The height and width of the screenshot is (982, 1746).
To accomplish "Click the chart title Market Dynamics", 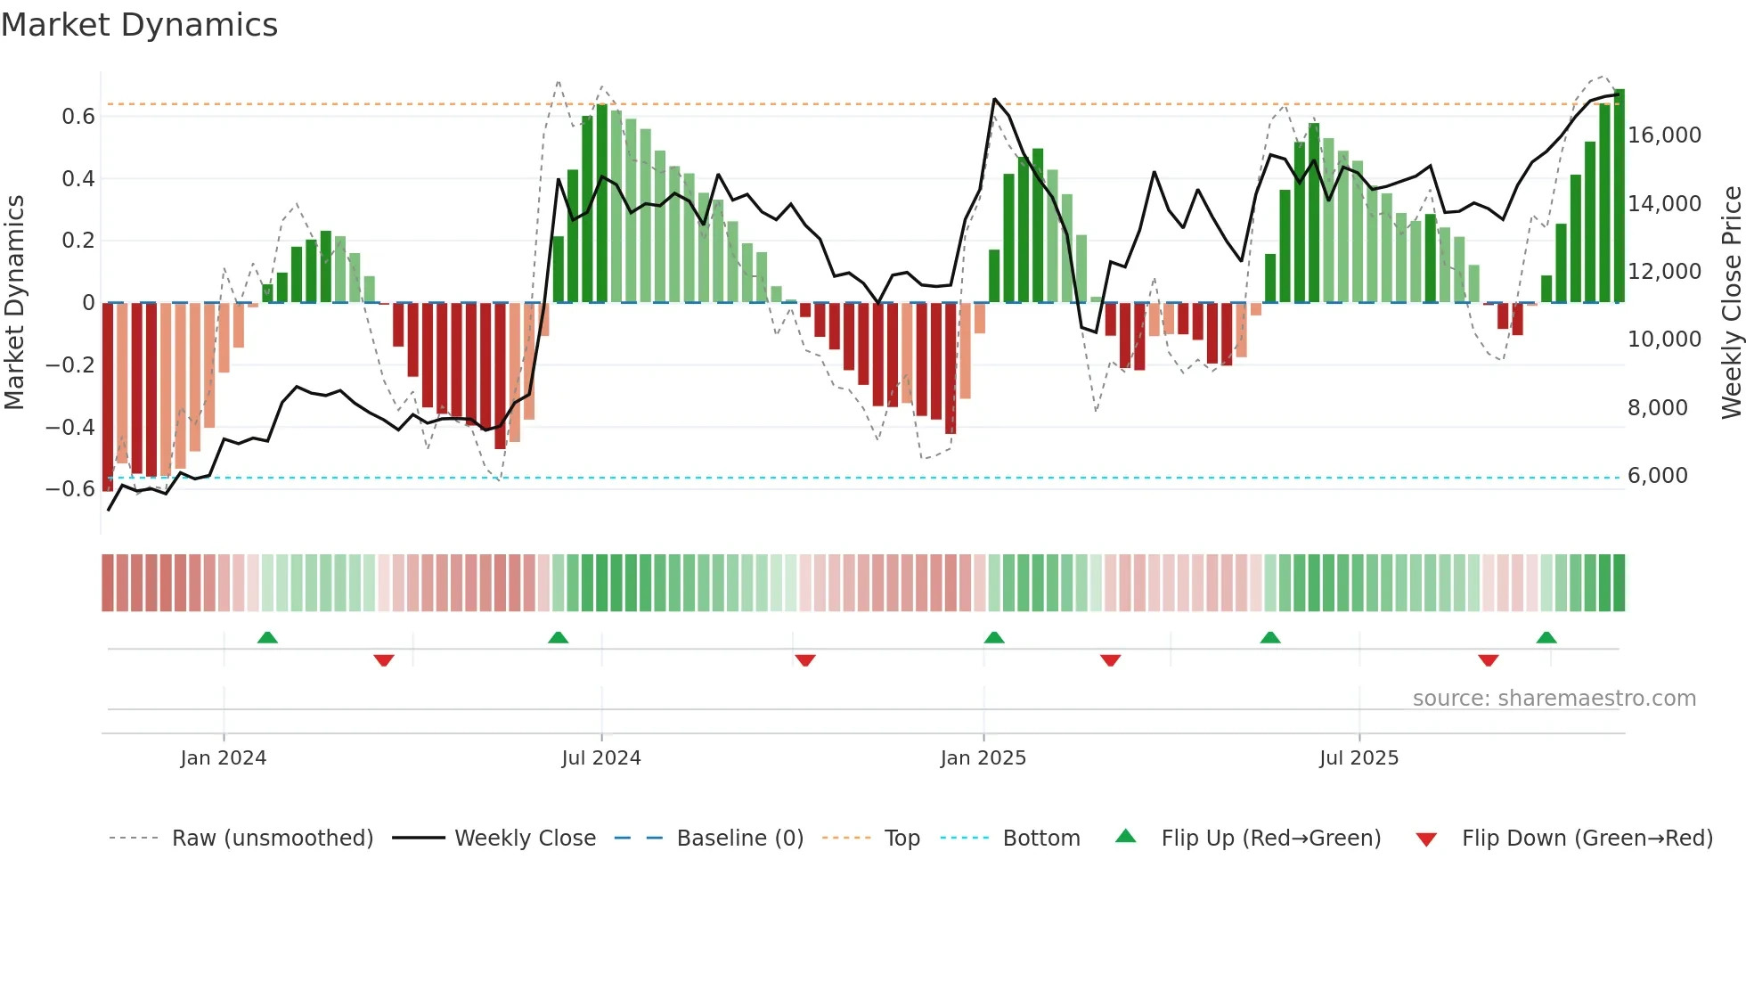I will click(x=139, y=25).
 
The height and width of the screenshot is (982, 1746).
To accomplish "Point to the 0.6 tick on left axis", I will click(x=78, y=117).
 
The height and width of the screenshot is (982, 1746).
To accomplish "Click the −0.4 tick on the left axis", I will click(x=70, y=427).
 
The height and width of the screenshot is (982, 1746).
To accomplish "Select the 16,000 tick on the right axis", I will click(x=1664, y=135).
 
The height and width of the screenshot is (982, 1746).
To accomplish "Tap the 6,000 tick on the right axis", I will click(x=1657, y=476).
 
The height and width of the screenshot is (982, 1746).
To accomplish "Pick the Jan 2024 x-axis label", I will click(x=223, y=758).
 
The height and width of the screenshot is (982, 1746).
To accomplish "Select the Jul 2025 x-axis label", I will click(x=1358, y=758).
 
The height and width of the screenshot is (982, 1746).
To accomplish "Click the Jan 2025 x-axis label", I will click(x=983, y=758).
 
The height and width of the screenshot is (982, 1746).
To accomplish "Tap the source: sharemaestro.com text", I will click(x=1554, y=699).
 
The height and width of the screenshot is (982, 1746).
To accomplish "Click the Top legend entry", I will click(x=902, y=839).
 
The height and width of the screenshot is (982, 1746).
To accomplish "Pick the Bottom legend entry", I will click(x=1040, y=839).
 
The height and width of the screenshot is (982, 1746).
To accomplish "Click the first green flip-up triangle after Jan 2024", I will click(x=267, y=637).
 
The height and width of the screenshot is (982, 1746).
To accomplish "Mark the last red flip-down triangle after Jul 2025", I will click(x=1488, y=660).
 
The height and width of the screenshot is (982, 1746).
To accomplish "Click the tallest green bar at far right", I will click(x=1619, y=196).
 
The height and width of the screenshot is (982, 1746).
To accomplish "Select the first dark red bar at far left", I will click(x=108, y=397).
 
